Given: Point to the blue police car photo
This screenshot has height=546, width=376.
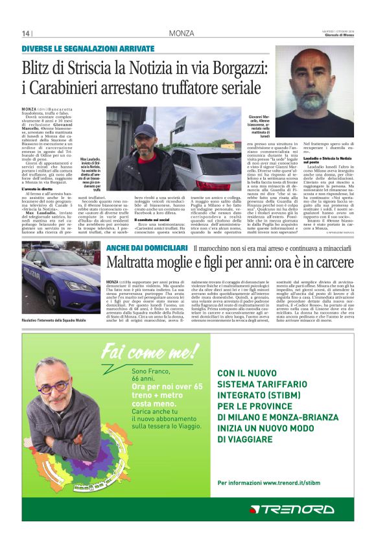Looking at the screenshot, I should tap(61, 276).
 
